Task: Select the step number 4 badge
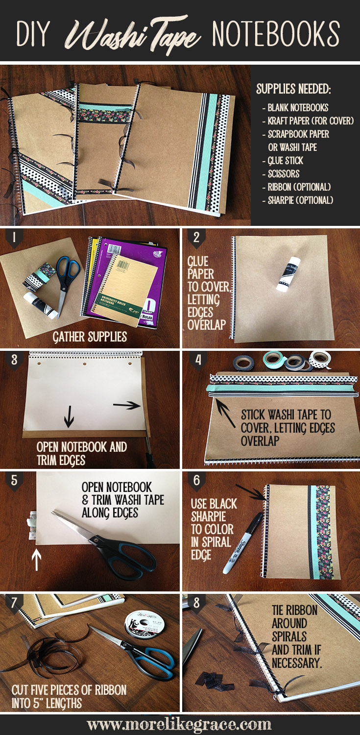(197, 361)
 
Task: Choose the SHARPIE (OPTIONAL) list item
(298, 200)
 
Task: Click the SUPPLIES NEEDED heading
(293, 89)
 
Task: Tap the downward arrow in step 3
(69, 416)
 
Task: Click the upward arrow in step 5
(36, 560)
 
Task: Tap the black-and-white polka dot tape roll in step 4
(320, 360)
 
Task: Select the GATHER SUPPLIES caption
(90, 337)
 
